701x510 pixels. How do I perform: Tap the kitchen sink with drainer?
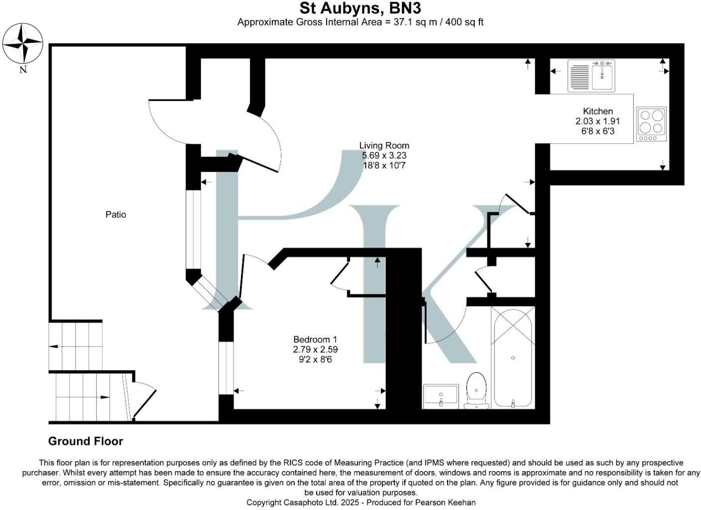[x=591, y=76]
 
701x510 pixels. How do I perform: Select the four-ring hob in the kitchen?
[x=651, y=124]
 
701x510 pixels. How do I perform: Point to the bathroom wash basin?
[x=441, y=396]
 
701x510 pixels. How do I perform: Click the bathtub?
[x=513, y=358]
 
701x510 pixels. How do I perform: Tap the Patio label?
[x=116, y=215]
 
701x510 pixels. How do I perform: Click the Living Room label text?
[x=384, y=145]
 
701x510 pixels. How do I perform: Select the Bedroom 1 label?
[x=315, y=340]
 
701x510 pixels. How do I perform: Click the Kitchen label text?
[x=597, y=111]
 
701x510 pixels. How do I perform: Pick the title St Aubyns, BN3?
[x=360, y=8]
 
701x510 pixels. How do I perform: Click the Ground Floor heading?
[x=86, y=441]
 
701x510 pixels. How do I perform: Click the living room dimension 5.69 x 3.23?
[x=384, y=155]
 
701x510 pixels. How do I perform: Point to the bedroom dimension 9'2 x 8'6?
[x=315, y=359]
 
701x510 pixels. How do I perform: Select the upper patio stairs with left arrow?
[x=76, y=346]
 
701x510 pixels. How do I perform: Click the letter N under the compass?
[x=23, y=70]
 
